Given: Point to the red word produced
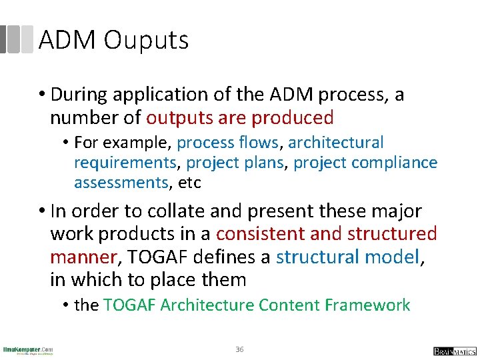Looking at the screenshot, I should pos(293,118).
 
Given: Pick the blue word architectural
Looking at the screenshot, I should pos(336,143).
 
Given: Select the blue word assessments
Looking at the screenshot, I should pos(121,183).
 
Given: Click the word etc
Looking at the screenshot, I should pos(188,183).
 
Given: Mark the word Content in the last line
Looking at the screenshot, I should pos(289,305).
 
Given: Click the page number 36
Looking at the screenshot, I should pos(239,349).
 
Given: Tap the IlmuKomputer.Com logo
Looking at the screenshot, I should pos(28,350).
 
